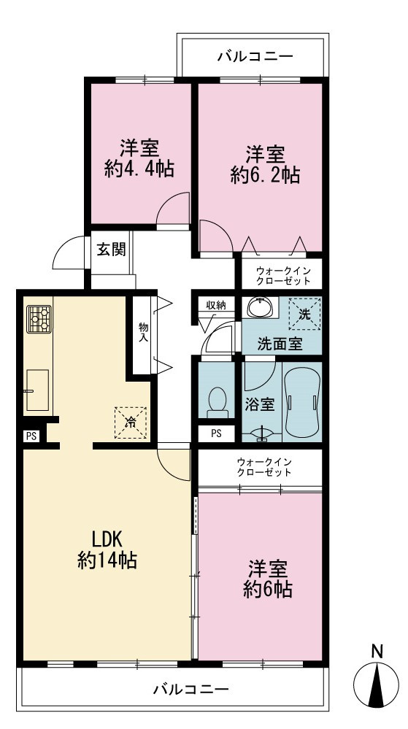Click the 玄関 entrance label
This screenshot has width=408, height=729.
[x=111, y=250]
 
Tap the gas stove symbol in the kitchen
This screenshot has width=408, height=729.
[x=39, y=319]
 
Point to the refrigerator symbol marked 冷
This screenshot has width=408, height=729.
[x=131, y=423]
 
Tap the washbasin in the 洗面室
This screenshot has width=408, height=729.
[x=262, y=308]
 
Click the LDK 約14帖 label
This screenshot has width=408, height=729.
[x=107, y=550]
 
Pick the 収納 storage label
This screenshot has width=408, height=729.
[x=216, y=305]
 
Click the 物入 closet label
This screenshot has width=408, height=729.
[x=143, y=332]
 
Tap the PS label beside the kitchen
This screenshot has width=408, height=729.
[x=31, y=436]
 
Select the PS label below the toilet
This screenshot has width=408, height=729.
[x=216, y=433]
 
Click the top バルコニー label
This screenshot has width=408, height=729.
[x=256, y=57]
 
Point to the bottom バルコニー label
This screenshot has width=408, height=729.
[x=191, y=688]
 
